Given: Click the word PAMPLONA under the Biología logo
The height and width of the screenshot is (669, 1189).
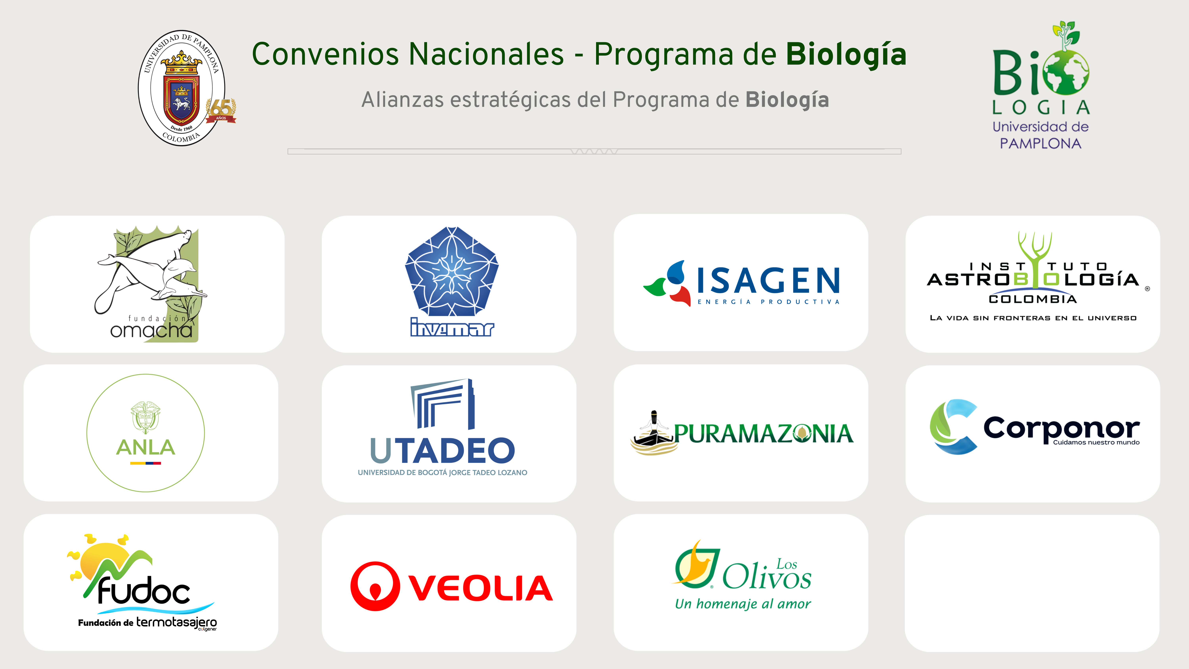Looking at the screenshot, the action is (1040, 144).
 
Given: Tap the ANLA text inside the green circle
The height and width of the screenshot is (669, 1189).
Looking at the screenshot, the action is (145, 447).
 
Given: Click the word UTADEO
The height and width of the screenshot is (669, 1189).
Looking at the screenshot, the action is (442, 451).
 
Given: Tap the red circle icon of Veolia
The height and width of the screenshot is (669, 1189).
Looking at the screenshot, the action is (375, 586).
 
